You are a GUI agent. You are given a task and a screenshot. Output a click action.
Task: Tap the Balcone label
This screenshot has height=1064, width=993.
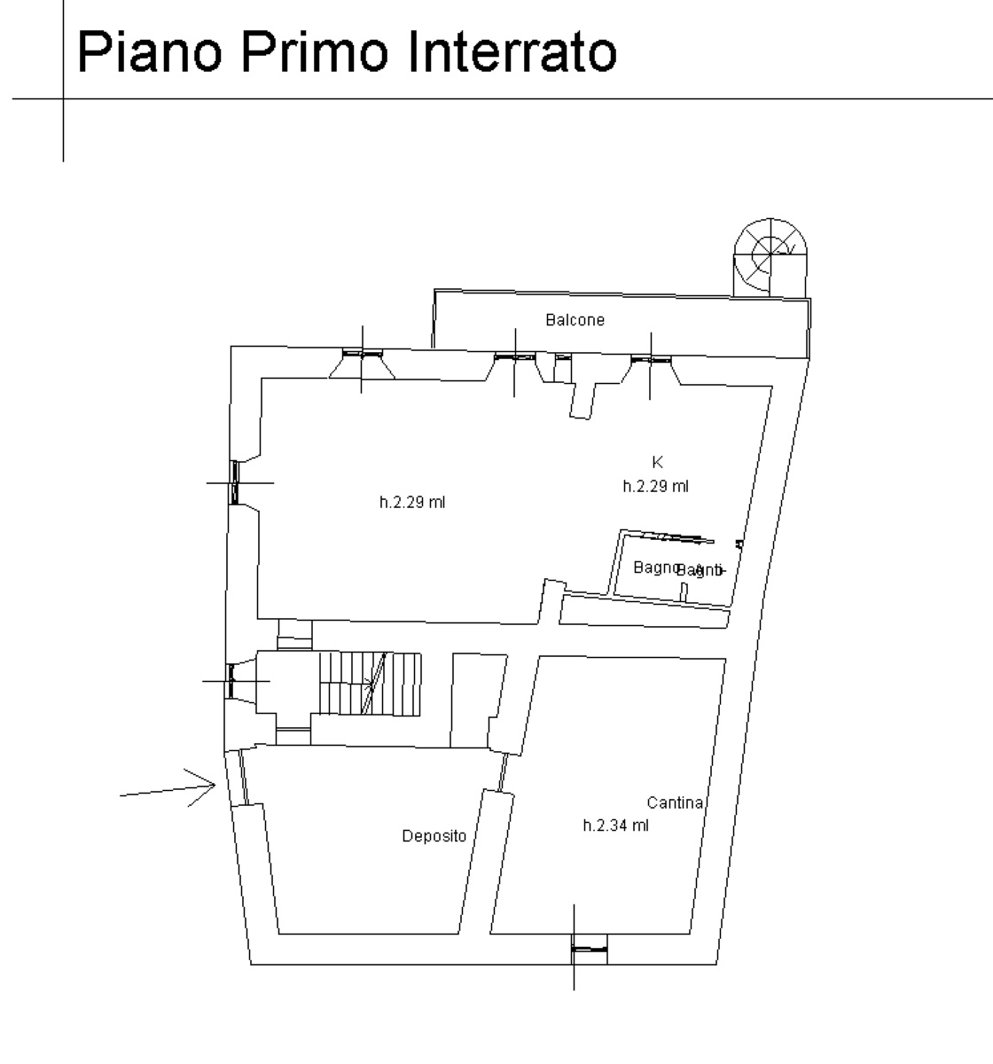(575, 320)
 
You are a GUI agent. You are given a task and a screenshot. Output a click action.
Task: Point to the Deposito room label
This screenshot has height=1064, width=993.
(434, 836)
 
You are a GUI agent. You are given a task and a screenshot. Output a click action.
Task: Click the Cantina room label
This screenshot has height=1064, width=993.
(675, 803)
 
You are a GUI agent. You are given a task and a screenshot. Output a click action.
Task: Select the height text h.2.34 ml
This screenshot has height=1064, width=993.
(615, 825)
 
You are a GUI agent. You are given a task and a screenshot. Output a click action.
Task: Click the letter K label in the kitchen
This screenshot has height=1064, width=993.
(657, 462)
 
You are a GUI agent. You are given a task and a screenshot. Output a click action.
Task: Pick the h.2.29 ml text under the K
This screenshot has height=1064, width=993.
(655, 486)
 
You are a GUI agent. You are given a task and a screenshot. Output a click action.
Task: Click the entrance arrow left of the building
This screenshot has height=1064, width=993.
(168, 788)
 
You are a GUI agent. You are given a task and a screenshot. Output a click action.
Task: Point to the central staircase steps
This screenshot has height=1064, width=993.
(370, 684)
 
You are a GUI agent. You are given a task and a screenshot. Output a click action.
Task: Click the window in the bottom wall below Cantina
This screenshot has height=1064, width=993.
(588, 950)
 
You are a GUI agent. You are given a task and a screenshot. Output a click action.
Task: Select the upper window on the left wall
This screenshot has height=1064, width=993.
(236, 482)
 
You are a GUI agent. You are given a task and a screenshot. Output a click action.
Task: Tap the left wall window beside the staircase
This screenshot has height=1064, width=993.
(231, 681)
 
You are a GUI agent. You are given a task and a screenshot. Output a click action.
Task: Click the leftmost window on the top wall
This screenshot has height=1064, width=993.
(362, 353)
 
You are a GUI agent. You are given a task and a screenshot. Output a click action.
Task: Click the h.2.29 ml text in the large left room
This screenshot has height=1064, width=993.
(412, 503)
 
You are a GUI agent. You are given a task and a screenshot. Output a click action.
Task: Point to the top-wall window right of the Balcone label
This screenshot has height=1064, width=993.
(652, 359)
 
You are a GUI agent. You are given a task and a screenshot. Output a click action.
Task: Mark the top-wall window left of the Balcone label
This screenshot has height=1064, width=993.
(515, 356)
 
